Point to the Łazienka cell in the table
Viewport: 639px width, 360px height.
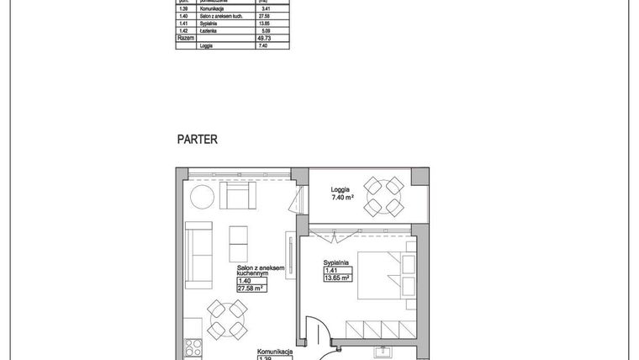point(212,31)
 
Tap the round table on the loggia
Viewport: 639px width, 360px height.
point(383,196)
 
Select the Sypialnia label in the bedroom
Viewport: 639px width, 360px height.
point(336,262)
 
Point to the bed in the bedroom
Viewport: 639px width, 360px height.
point(384,275)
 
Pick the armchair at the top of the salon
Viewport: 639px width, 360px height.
point(237,197)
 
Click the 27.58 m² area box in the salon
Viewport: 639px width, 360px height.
point(251,288)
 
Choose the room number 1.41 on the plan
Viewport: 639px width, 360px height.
point(330,270)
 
